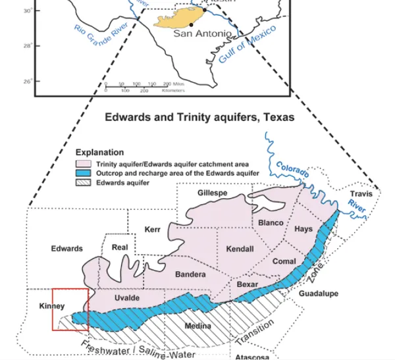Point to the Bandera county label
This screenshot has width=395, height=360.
click(191, 274)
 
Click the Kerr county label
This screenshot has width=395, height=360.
click(153, 229)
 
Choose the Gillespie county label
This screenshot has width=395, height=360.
click(213, 192)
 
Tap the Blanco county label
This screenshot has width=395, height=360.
click(271, 222)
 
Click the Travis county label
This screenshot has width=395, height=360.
click(361, 194)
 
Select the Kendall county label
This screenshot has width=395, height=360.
click(239, 250)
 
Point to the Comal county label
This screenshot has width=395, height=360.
click(284, 261)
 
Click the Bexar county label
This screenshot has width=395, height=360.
click(248, 284)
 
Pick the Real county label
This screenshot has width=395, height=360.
click(120, 247)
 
